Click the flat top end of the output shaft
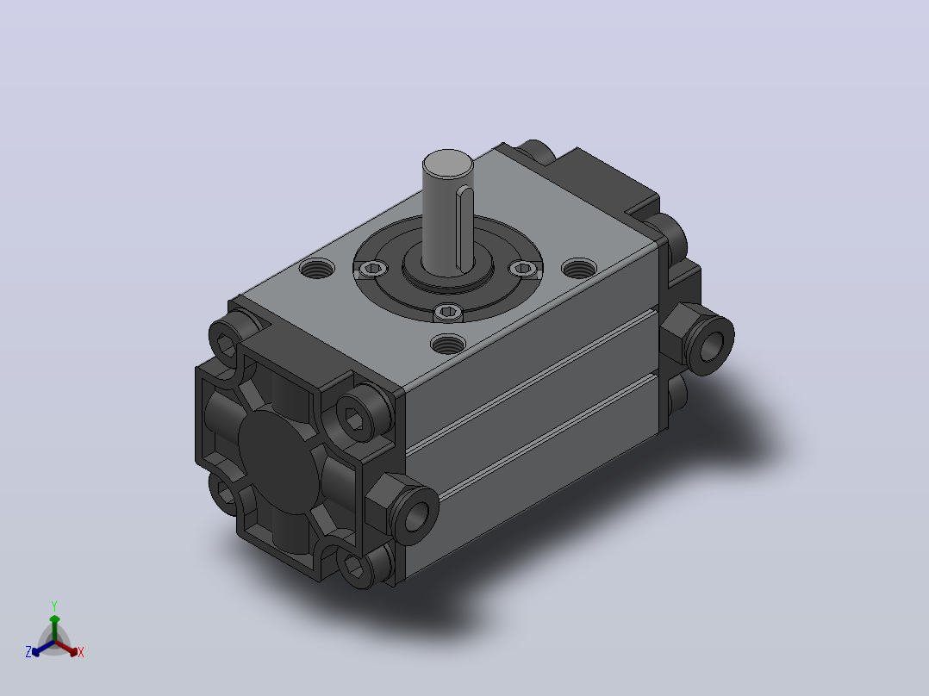[448, 164]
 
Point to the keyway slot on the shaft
[464, 228]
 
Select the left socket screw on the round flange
[373, 270]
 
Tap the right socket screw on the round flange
[523, 269]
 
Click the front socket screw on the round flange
[448, 312]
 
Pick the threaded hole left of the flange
[317, 269]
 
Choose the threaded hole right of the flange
[579, 269]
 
